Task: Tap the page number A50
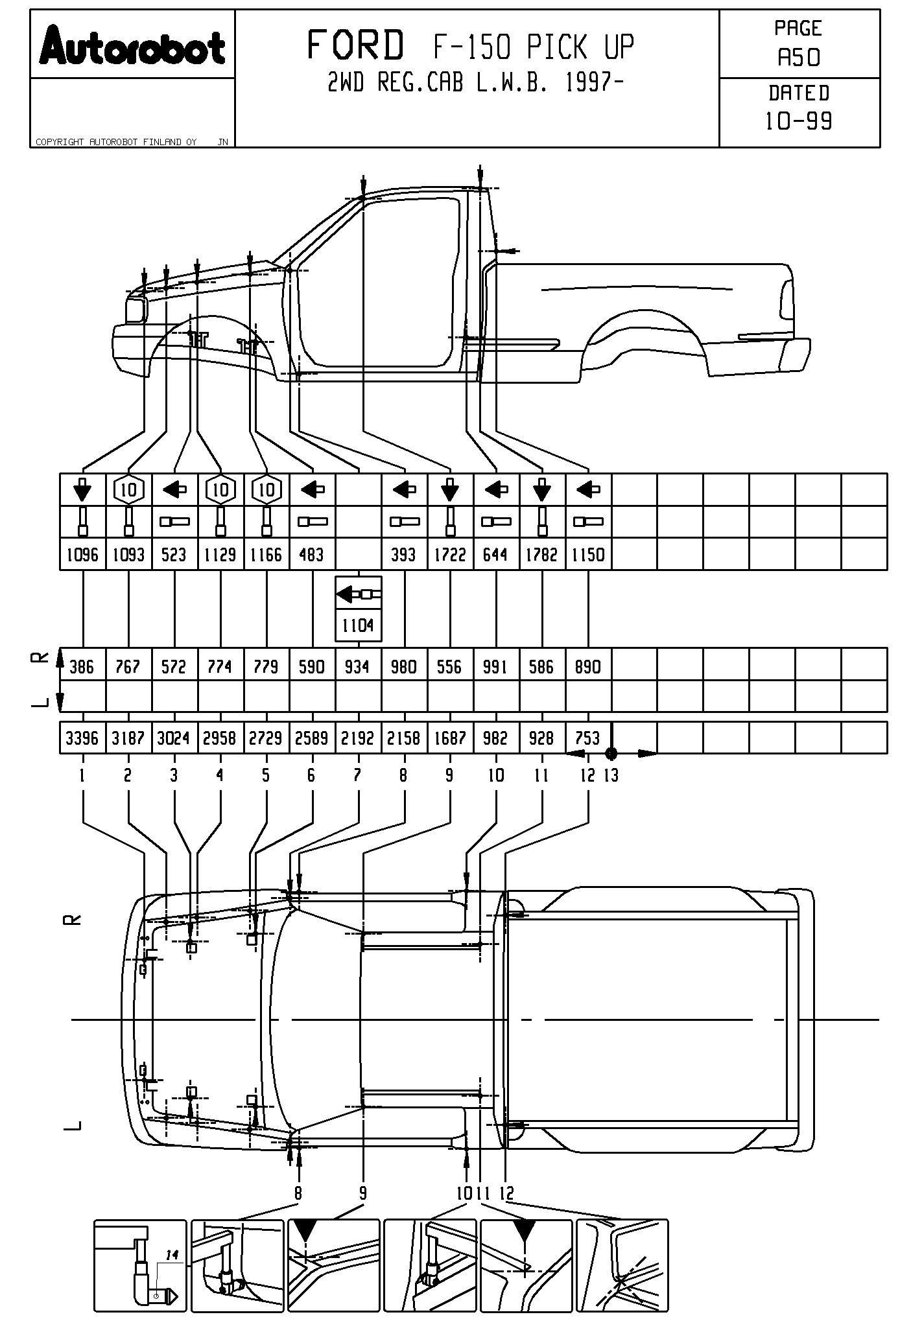[x=799, y=58]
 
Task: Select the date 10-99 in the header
[x=799, y=121]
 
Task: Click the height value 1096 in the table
[x=82, y=555]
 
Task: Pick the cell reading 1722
[x=450, y=555]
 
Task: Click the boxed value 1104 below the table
[x=358, y=625]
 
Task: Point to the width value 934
[x=357, y=667]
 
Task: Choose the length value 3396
[x=82, y=738]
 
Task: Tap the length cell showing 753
[x=587, y=738]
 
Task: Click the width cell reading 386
[x=82, y=667]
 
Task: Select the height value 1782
[x=542, y=555]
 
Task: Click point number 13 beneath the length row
[x=611, y=775]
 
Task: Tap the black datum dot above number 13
[x=611, y=753]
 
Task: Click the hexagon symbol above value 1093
[x=129, y=490]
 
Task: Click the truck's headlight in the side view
[x=136, y=309]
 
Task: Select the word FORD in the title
[x=355, y=46]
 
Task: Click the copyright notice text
[x=116, y=142]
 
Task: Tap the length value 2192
[x=357, y=738]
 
